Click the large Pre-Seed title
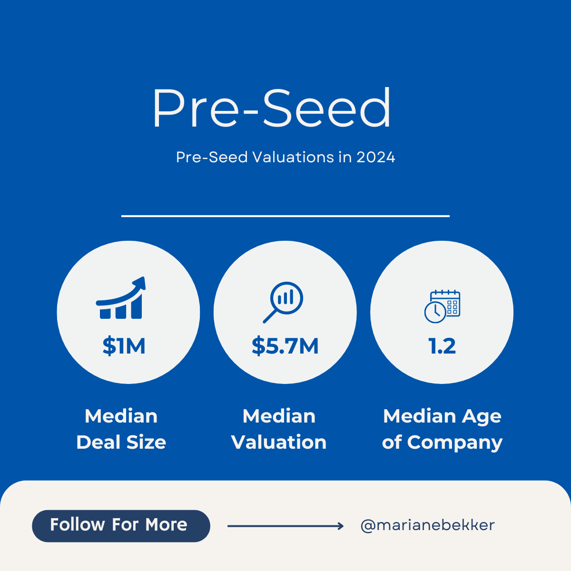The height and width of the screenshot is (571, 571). (272, 108)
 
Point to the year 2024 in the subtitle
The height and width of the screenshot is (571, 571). (375, 157)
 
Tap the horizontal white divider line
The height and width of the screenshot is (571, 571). (285, 216)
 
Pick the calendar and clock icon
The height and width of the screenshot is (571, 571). (442, 306)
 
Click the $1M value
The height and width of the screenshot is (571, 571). (124, 346)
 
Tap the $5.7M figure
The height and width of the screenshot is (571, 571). (285, 346)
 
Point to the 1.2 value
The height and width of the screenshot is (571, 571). (442, 346)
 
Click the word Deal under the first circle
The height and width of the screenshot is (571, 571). (98, 443)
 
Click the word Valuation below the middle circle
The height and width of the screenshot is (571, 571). (279, 443)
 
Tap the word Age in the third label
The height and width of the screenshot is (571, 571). (482, 417)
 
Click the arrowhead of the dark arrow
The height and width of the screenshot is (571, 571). (340, 526)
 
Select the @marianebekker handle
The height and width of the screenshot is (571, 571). (427, 525)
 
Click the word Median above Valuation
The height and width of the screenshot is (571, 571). (279, 416)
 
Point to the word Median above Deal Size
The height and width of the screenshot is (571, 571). (121, 416)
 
